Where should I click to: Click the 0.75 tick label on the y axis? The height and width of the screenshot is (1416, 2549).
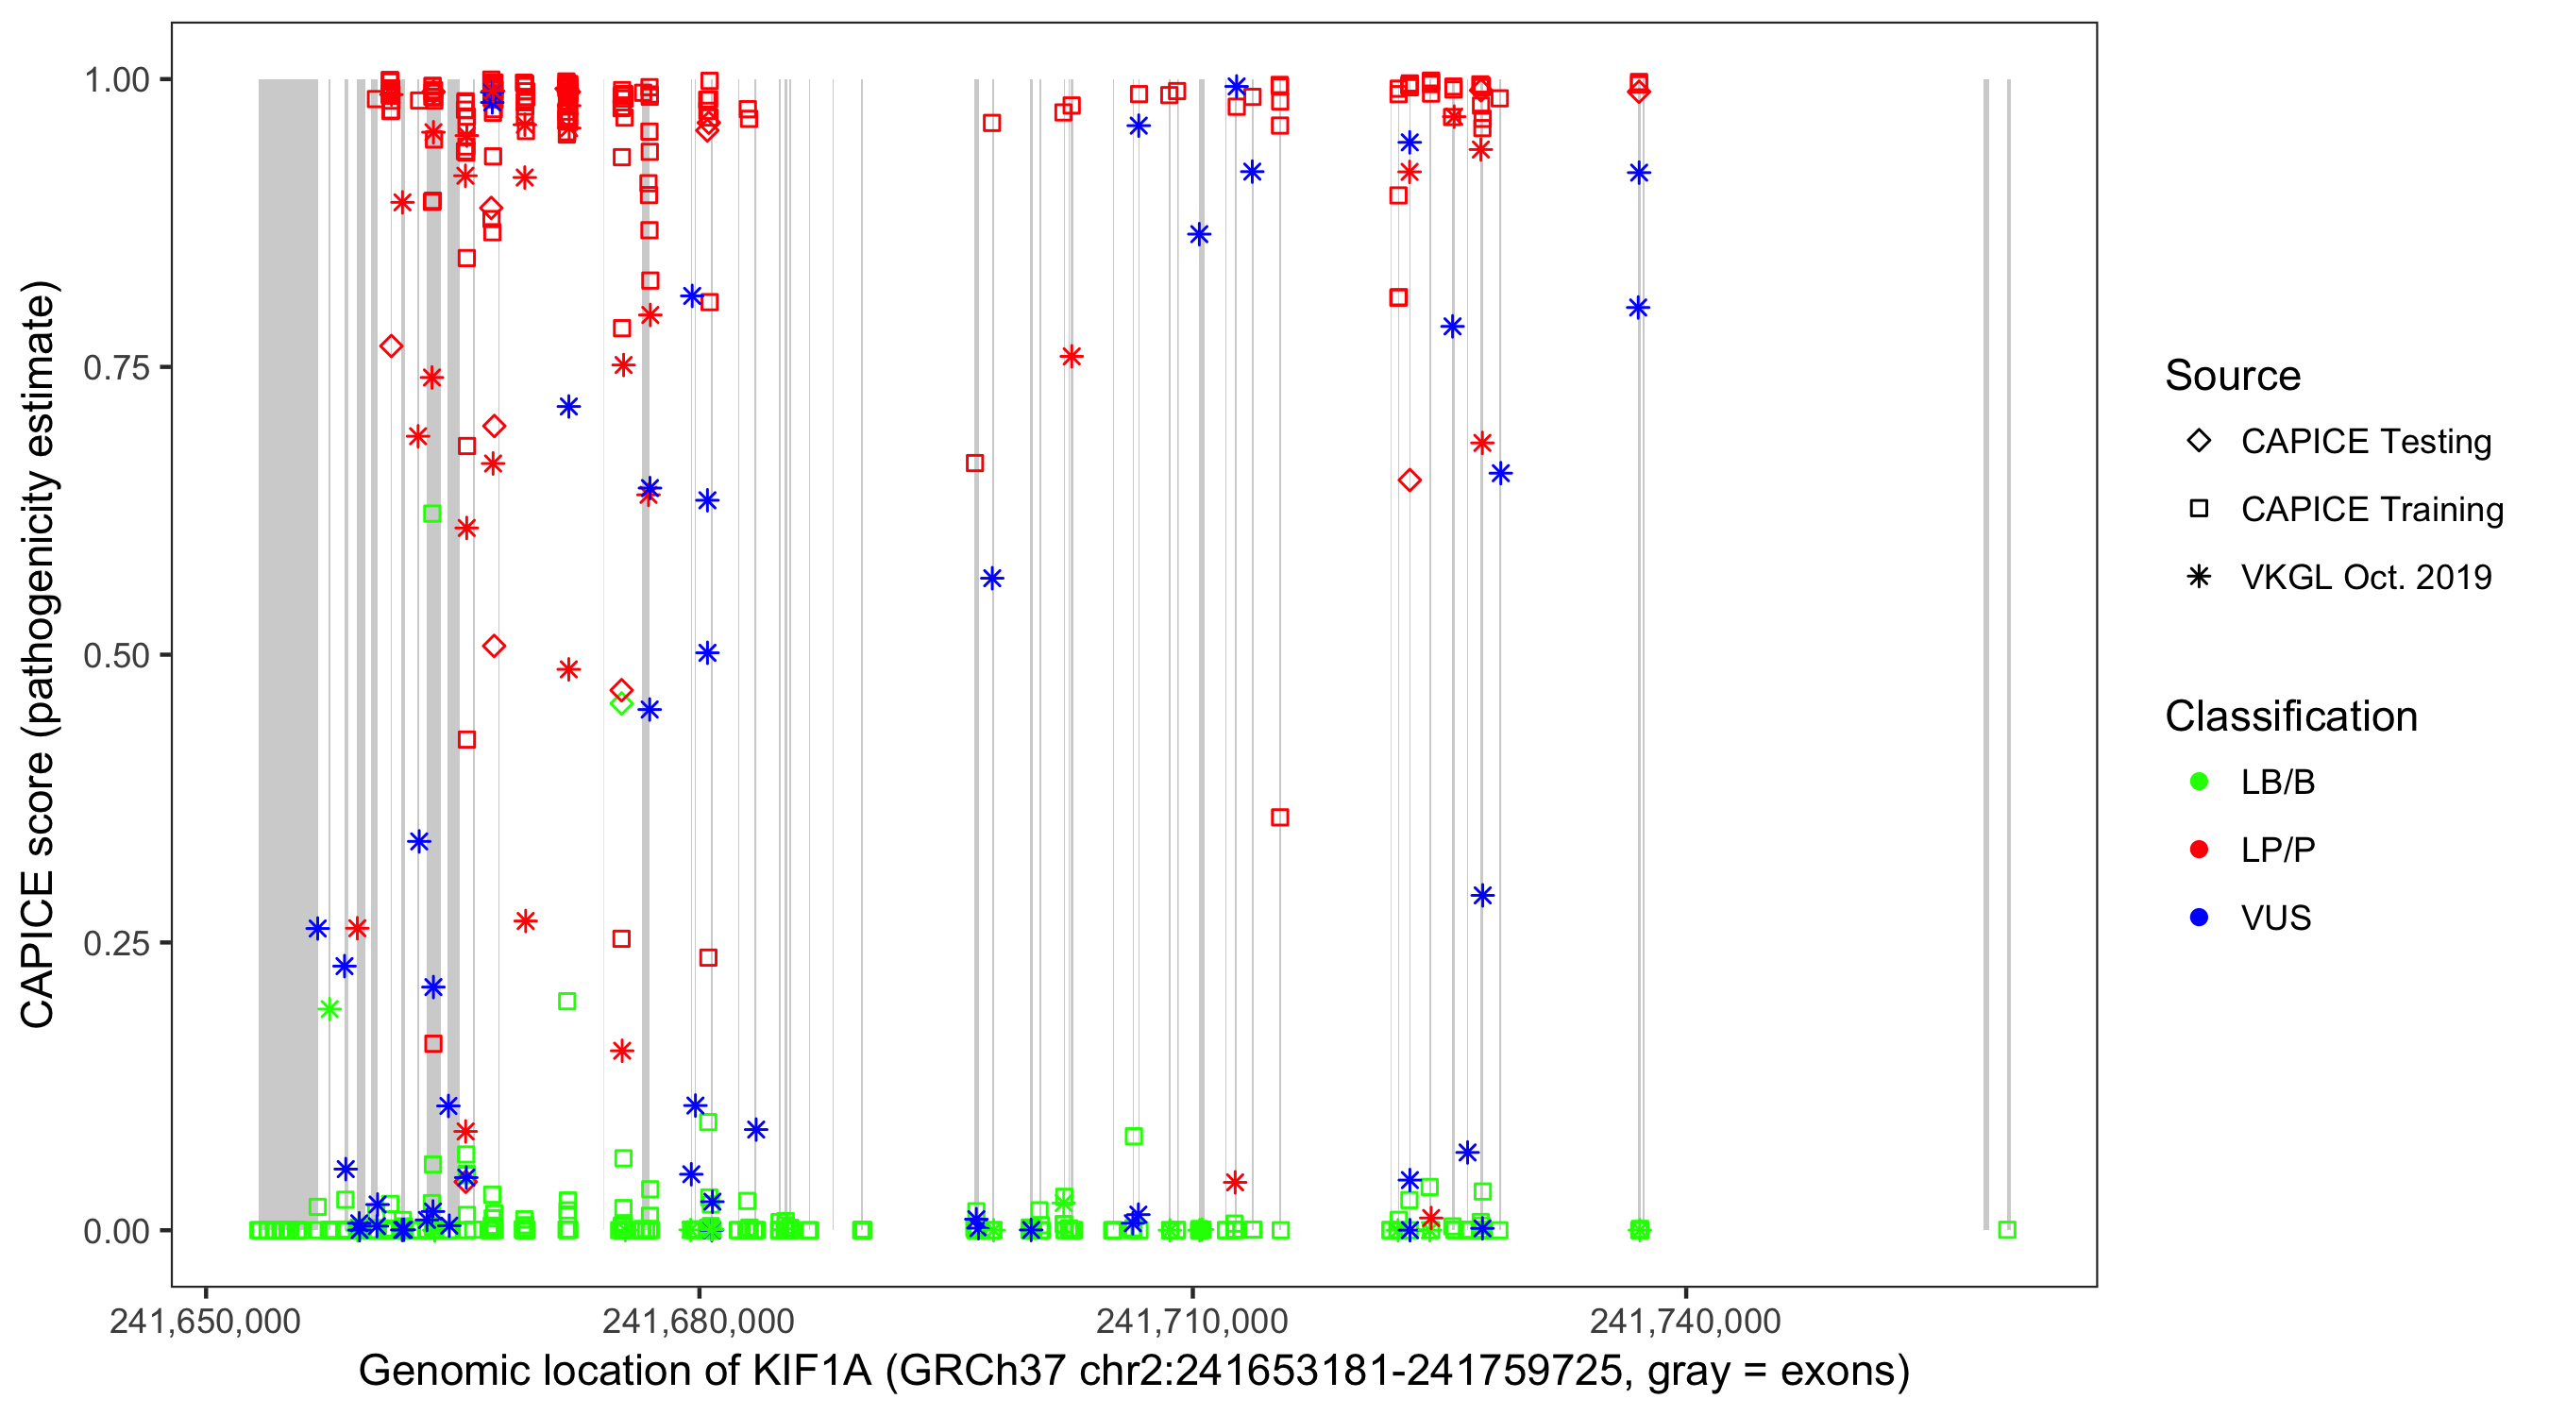(x=115, y=367)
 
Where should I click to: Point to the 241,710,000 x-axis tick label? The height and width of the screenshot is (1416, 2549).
(x=1191, y=1321)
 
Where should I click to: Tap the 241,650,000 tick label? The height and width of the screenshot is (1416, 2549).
(x=205, y=1321)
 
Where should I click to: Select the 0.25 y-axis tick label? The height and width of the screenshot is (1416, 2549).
(x=115, y=943)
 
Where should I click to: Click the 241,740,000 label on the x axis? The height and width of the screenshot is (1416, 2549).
(x=1684, y=1321)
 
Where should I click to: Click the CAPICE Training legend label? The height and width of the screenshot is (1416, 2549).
(x=2371, y=509)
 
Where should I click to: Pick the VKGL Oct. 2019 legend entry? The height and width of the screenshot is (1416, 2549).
(x=2365, y=577)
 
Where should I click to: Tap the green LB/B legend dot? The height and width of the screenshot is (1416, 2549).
(x=2199, y=782)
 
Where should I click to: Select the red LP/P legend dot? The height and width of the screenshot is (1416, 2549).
(x=2199, y=850)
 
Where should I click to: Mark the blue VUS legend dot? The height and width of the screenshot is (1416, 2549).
(x=2199, y=918)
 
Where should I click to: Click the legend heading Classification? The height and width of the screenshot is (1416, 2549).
(x=2289, y=716)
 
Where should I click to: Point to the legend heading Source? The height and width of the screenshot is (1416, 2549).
(x=2233, y=375)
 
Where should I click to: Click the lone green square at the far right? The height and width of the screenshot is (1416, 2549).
(x=2007, y=1229)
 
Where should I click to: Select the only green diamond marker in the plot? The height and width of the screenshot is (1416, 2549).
(x=621, y=703)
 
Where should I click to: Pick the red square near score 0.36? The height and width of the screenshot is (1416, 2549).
(x=1279, y=818)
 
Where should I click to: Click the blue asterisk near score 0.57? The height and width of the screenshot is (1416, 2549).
(x=991, y=578)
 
